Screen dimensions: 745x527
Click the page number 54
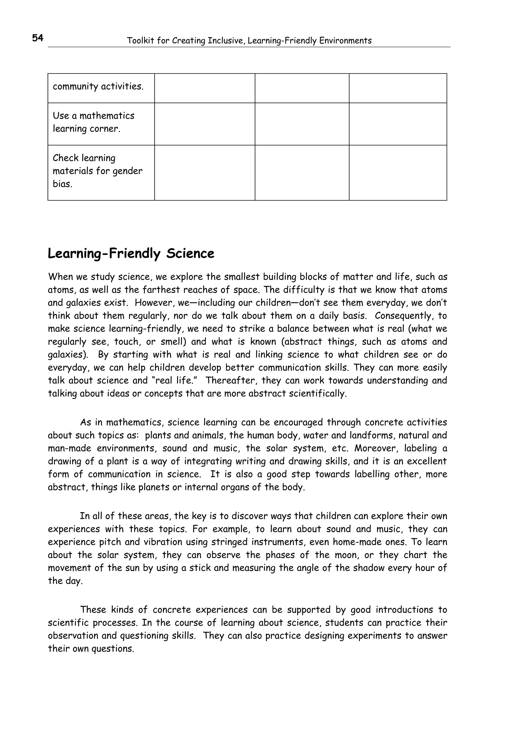click(38, 38)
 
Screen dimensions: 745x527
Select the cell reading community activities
click(98, 87)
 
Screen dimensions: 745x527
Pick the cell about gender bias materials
click(98, 171)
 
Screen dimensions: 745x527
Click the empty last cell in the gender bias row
click(398, 172)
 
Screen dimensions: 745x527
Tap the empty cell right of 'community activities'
click(205, 88)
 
